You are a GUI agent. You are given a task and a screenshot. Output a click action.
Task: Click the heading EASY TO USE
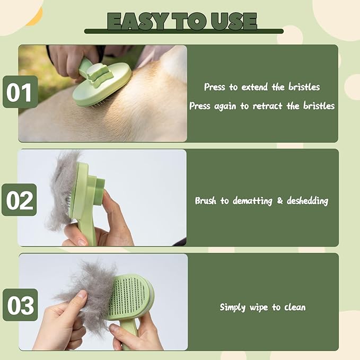(182, 21)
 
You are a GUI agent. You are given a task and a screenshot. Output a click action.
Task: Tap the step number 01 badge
(20, 92)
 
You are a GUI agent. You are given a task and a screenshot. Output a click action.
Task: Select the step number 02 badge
(20, 200)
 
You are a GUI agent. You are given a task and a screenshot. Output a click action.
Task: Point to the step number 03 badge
(20, 305)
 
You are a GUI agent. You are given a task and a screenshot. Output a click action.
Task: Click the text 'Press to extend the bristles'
(262, 87)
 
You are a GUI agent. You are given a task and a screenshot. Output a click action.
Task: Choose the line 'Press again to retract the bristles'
(262, 106)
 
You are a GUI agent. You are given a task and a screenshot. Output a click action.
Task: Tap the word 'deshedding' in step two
(308, 201)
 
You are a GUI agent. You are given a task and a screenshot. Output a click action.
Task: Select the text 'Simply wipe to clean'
(262, 307)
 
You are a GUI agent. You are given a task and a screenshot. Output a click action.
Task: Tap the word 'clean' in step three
(294, 307)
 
